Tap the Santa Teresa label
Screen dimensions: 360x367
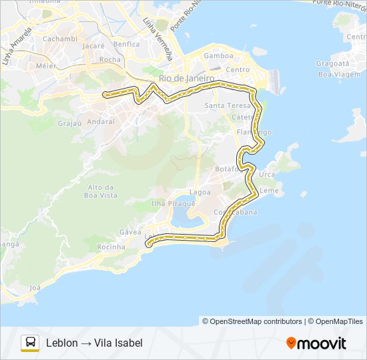point(228,106)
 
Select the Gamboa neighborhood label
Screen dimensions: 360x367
point(218,56)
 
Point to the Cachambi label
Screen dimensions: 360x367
point(60,39)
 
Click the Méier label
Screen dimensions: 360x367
point(45,66)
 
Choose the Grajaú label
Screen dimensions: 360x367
point(69,123)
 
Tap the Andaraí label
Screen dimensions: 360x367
point(110,122)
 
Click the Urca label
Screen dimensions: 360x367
point(267,175)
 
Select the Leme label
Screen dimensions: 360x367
point(268,191)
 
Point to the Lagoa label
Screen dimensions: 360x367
point(200,192)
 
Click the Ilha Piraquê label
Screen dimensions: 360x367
point(173,203)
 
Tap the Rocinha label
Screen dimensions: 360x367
point(111,247)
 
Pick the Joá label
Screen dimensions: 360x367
point(35,288)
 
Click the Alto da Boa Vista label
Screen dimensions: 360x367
point(102,191)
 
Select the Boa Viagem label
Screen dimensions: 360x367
point(334,75)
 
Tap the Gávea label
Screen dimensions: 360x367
point(131,232)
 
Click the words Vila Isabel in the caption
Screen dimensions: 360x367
point(118,343)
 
